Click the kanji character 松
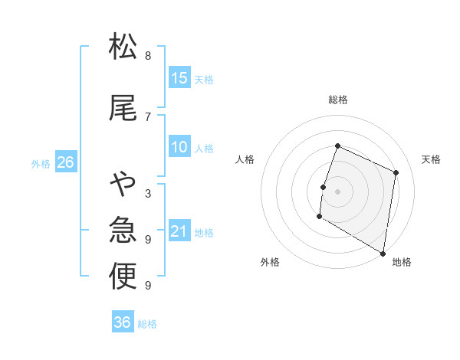click(x=123, y=47)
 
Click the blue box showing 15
click(x=179, y=78)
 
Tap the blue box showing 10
click(x=179, y=147)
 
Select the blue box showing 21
click(x=179, y=231)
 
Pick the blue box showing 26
click(x=65, y=162)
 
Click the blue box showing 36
click(x=123, y=322)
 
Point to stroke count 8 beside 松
click(x=148, y=55)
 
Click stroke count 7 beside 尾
click(x=148, y=116)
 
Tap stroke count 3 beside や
click(x=148, y=194)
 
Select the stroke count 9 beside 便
click(x=148, y=286)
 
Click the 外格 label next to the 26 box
click(x=41, y=163)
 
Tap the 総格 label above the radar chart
click(x=338, y=100)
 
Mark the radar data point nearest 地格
click(x=383, y=253)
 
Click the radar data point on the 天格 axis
click(x=396, y=172)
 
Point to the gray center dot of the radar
click(x=337, y=191)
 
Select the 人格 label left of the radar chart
click(x=245, y=159)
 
